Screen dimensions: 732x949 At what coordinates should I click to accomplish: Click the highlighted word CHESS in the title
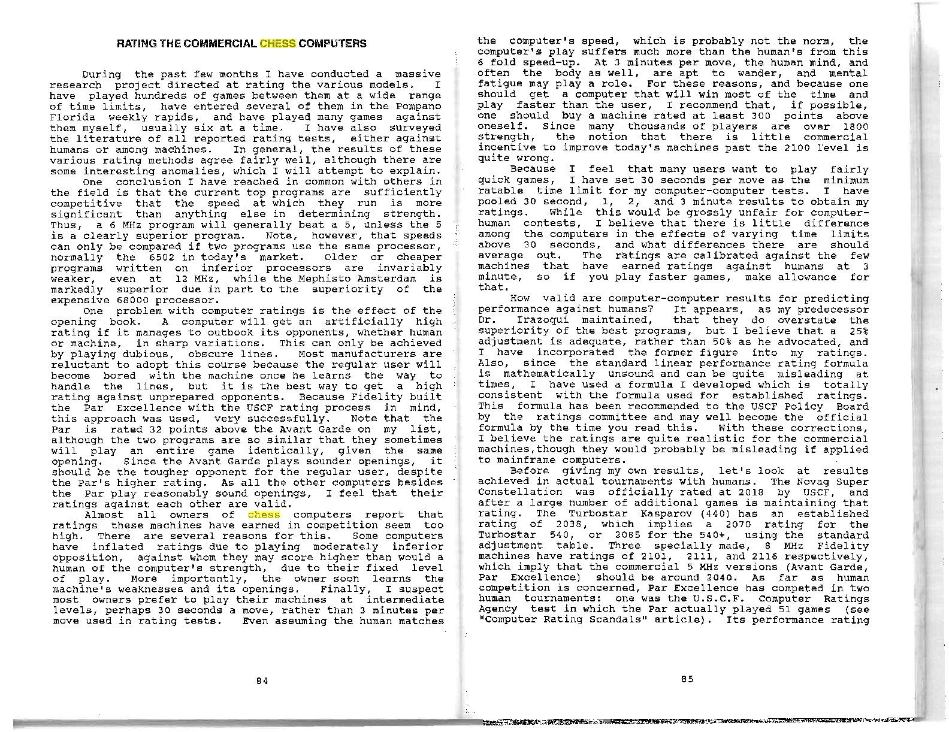[278, 44]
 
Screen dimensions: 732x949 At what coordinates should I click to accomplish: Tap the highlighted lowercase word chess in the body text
[264, 515]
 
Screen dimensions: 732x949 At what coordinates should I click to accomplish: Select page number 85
[687, 679]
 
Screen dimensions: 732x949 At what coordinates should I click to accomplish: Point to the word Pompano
[419, 106]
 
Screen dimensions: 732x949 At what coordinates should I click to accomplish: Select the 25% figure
[858, 331]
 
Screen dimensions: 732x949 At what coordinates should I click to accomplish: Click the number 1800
[855, 126]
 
